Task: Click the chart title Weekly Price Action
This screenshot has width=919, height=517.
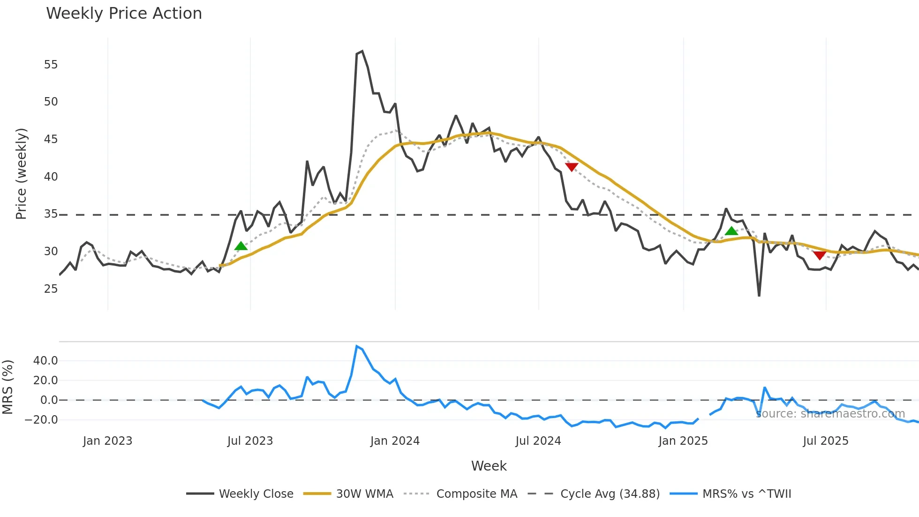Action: coord(124,14)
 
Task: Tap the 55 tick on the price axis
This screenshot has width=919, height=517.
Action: coord(51,65)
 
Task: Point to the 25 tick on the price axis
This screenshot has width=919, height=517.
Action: coord(51,289)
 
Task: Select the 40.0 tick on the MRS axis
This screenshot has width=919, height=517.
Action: coord(45,361)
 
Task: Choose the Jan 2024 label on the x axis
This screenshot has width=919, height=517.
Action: coord(395,441)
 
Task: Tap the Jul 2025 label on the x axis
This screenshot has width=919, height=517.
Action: coord(825,441)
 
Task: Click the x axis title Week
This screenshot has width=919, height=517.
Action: coord(489,466)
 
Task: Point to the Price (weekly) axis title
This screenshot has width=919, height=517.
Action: coord(22,174)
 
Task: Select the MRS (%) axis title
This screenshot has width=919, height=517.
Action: coord(8,387)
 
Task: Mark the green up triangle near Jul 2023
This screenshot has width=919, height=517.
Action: coord(241,246)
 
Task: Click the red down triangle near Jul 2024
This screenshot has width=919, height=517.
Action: coord(572,167)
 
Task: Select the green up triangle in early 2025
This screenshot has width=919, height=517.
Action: coord(731,231)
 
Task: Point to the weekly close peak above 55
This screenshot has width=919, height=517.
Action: coord(362,52)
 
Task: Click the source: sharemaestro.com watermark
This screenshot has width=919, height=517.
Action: coord(830,414)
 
